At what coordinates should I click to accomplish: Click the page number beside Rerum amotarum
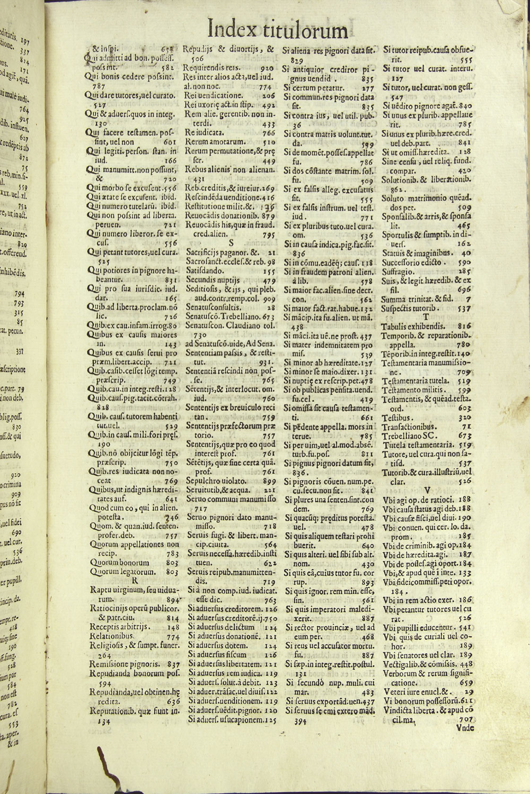(268, 142)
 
